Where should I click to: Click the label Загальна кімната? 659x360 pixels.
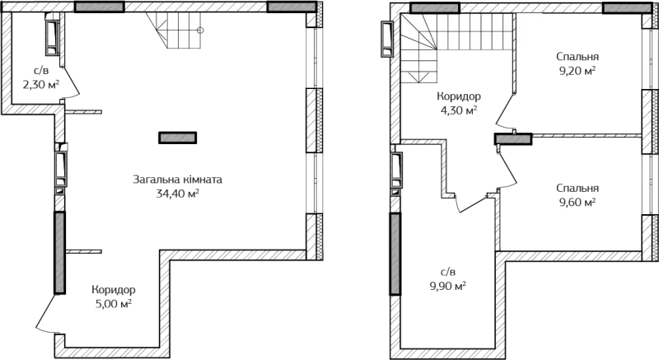pyautogui.click(x=177, y=180)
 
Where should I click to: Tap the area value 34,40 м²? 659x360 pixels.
pyautogui.click(x=177, y=194)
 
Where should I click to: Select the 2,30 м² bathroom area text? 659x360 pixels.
pyautogui.click(x=40, y=85)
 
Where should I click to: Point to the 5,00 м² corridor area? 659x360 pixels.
pyautogui.click(x=114, y=303)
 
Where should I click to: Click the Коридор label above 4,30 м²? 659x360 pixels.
pyautogui.click(x=459, y=96)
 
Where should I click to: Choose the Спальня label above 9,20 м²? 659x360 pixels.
pyautogui.click(x=577, y=56)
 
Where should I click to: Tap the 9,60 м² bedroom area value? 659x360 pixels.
pyautogui.click(x=577, y=203)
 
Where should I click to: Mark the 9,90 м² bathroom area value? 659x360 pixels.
pyautogui.click(x=447, y=287)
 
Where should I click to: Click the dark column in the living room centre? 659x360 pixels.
pyautogui.click(x=177, y=138)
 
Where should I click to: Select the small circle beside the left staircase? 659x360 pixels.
pyautogui.click(x=200, y=30)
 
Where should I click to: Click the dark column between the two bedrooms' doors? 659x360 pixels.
pyautogui.click(x=513, y=139)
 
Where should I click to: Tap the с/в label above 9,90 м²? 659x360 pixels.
pyautogui.click(x=447, y=271)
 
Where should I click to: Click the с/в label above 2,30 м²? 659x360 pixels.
pyautogui.click(x=40, y=70)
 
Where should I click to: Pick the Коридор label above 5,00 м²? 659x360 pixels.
pyautogui.click(x=114, y=290)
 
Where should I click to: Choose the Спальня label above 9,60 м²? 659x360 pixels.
pyautogui.click(x=577, y=188)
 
